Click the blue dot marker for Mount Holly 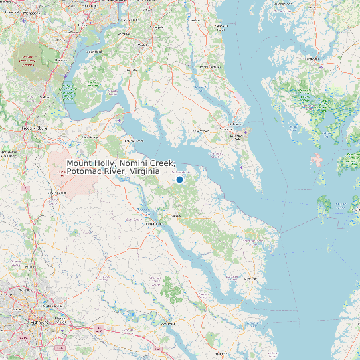tap(179, 179)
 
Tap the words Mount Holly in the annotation tap(93, 163)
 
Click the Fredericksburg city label tap(35, 126)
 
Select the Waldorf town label tap(144, 45)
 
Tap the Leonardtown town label tap(200, 131)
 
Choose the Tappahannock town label tap(153, 224)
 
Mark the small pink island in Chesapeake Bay tap(316, 160)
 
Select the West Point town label tap(167, 323)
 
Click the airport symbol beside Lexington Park tap(244, 132)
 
